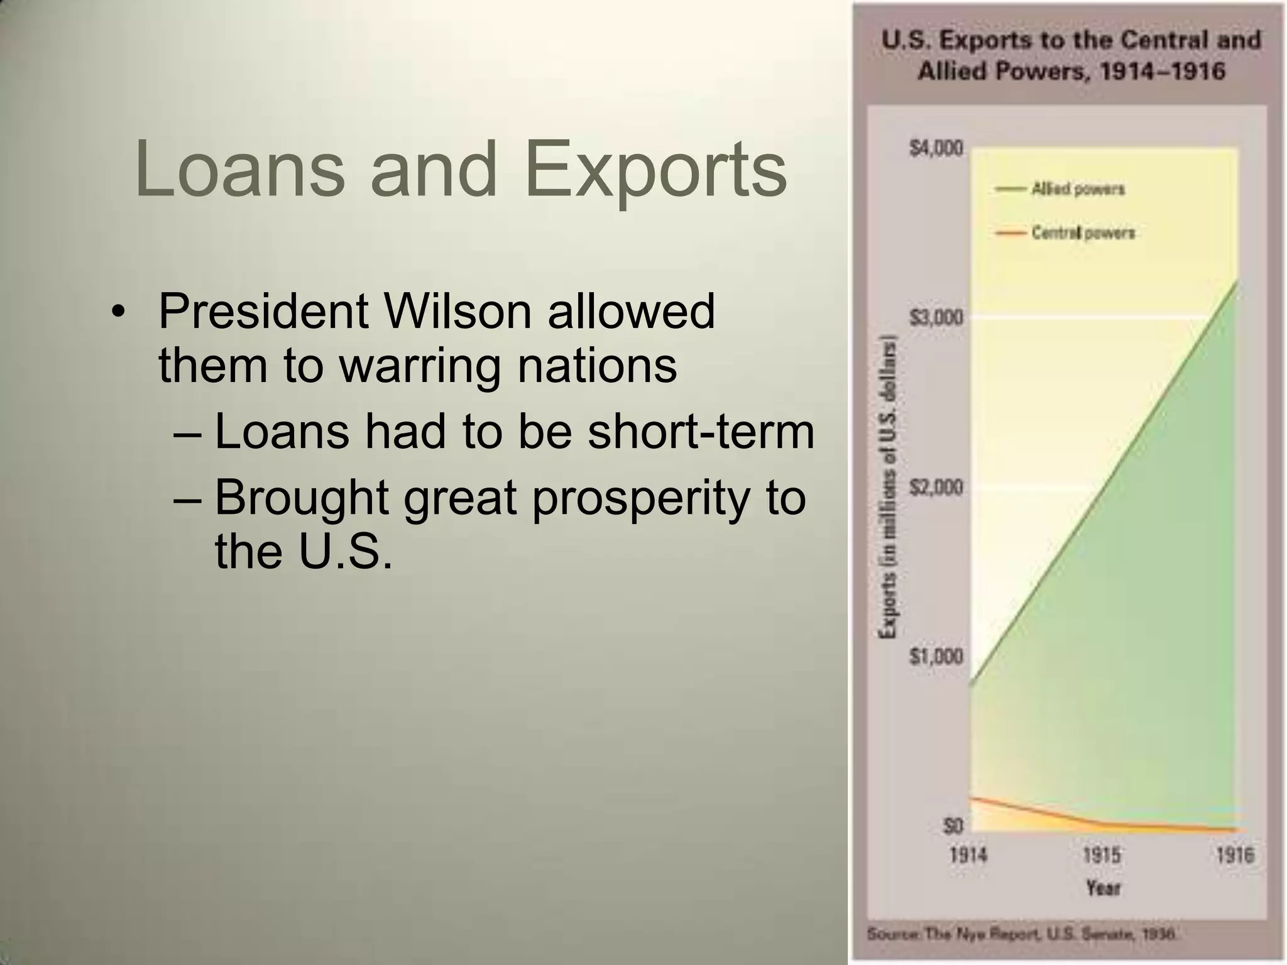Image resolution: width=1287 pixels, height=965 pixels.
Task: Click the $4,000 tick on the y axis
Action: click(x=936, y=149)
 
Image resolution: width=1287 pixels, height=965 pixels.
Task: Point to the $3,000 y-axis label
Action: click(x=936, y=318)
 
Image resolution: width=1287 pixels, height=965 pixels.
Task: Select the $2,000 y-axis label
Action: click(x=936, y=487)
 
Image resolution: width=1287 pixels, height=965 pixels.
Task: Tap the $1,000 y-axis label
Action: click(x=936, y=657)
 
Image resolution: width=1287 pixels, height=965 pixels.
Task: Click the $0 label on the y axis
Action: click(x=953, y=826)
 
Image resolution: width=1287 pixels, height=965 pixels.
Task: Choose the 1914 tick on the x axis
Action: click(x=968, y=855)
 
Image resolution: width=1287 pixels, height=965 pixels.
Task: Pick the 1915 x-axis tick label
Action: click(x=1102, y=855)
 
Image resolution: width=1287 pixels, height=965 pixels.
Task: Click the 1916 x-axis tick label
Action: click(x=1234, y=855)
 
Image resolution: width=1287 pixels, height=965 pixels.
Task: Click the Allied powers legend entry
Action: click(x=1077, y=188)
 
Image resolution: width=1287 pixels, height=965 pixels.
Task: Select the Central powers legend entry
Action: click(x=1082, y=233)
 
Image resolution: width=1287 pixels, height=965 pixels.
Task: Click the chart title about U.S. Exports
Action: click(x=1071, y=55)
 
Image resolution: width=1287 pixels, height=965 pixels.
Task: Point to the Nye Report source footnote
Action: click(x=1021, y=934)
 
